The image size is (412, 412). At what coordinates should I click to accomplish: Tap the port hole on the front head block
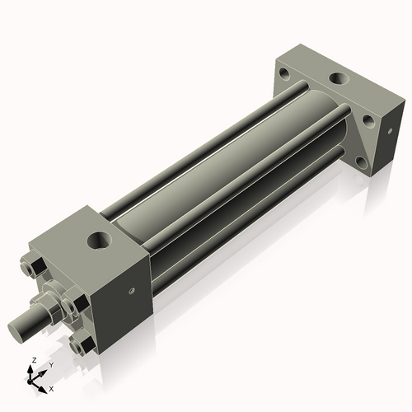pos(100,240)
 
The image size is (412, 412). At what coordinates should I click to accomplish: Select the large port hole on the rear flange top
pos(339,78)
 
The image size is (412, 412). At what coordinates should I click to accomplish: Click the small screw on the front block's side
pos(132,290)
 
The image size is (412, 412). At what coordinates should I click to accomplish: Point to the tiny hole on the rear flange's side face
pos(390,131)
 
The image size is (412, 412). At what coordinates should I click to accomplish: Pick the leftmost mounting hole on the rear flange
pos(284,73)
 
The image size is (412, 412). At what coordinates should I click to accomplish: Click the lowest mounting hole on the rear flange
pos(362,163)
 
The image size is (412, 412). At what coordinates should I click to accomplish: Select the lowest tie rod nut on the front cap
pos(82,342)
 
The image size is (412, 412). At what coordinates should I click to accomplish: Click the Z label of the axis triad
pos(35,360)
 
